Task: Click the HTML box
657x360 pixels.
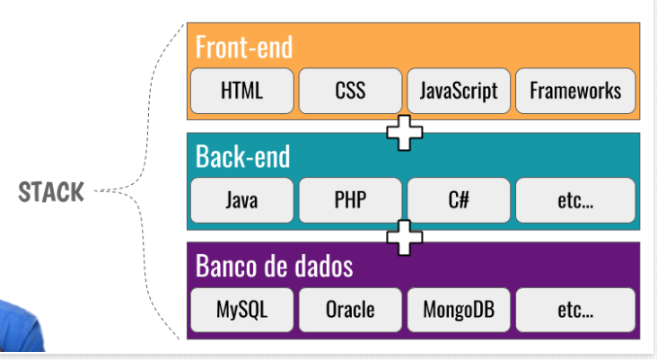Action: (241, 91)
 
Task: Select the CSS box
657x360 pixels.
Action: (350, 91)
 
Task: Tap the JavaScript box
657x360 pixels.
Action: (459, 91)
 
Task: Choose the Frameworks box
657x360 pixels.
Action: (575, 91)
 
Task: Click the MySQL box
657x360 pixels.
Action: (241, 311)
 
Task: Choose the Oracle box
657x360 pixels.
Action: (350, 311)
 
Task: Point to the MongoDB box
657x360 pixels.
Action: (459, 311)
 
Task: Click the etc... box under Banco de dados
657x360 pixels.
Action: (575, 311)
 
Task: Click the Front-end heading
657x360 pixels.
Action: (244, 47)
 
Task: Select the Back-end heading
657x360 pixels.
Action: (243, 156)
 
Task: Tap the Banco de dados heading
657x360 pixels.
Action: (274, 267)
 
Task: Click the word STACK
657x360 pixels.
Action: (52, 191)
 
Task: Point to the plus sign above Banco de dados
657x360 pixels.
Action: (405, 238)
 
